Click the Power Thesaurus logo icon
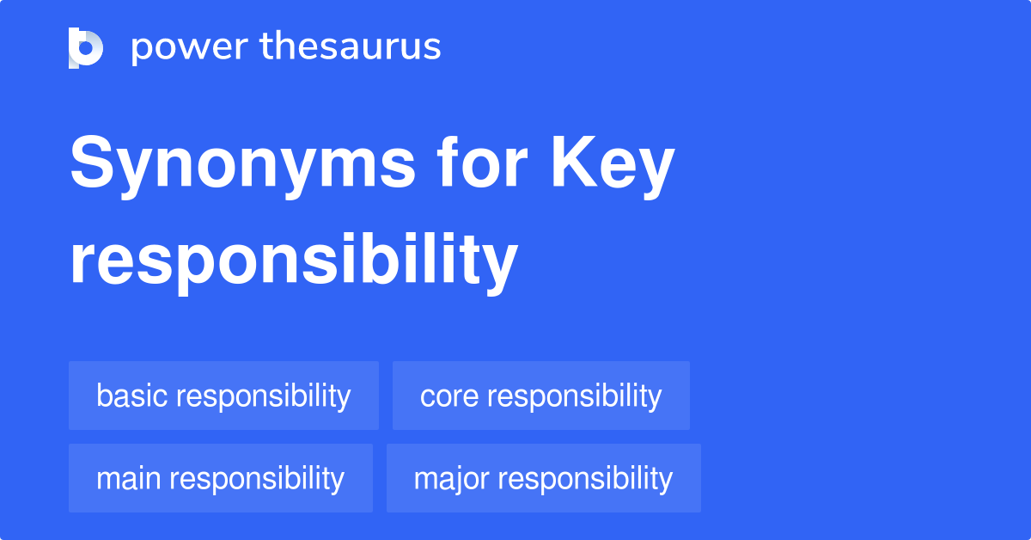[x=86, y=47]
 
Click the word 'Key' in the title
[x=612, y=166]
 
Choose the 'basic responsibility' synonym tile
[x=223, y=396]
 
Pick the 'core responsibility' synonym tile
[x=540, y=396]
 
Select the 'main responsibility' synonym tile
[x=220, y=478]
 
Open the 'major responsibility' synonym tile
[x=543, y=478]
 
